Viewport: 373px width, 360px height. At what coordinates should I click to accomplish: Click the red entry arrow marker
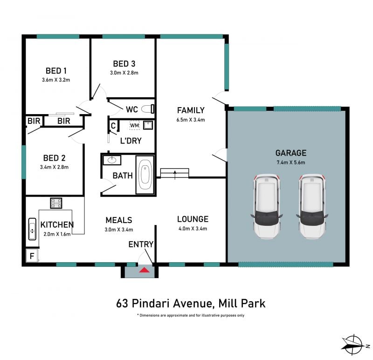point(144,270)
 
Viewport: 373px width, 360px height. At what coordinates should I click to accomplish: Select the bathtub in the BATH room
point(145,175)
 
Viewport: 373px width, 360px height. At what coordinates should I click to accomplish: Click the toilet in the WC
point(147,109)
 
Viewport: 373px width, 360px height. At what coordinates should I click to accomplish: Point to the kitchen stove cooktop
point(56,203)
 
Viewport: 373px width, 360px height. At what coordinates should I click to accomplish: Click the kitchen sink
point(32,229)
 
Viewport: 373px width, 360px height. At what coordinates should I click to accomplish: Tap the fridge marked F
point(32,255)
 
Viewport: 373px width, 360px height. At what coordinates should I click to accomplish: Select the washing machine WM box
point(134,125)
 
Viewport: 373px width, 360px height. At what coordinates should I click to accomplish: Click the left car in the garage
point(267,206)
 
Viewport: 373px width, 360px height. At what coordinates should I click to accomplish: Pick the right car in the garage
point(312,206)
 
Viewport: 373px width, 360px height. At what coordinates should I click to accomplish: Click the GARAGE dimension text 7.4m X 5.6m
point(290,163)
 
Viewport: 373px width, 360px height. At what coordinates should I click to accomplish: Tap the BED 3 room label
point(124,64)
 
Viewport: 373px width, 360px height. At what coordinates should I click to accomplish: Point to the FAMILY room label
point(191,110)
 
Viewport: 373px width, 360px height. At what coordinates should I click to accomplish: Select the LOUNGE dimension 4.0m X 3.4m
point(193,229)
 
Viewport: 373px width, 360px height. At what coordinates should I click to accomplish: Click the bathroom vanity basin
point(112,160)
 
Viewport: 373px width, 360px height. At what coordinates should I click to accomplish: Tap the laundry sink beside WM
point(148,125)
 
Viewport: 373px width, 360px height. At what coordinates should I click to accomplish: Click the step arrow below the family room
point(175,175)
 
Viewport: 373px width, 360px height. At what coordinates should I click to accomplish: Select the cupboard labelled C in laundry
point(113,125)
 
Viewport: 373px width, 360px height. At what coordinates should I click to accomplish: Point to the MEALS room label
point(119,220)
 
